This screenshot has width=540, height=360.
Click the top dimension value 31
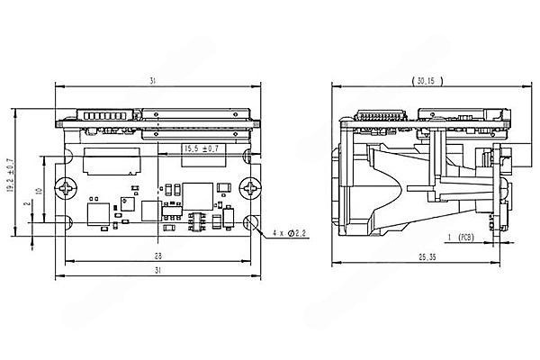153,81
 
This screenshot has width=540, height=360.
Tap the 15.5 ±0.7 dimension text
201,148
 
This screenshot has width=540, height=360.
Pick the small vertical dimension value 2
27,205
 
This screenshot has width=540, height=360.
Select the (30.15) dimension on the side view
422,81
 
